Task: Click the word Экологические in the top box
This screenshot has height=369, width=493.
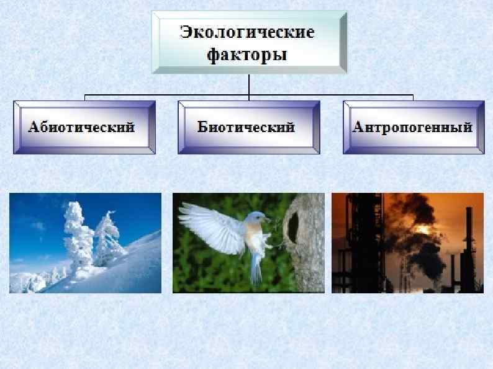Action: [247, 32]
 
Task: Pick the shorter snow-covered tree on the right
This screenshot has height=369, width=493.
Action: [106, 239]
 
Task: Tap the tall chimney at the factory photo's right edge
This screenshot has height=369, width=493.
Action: [469, 248]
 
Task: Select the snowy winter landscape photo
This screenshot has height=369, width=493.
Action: [85, 242]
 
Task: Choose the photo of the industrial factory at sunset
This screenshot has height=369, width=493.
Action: [407, 242]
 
